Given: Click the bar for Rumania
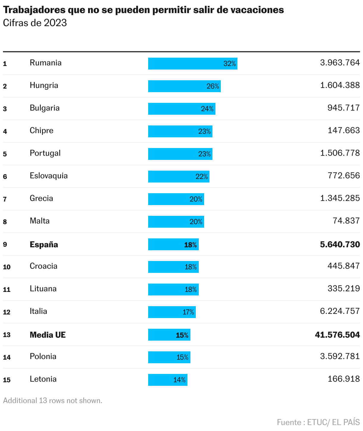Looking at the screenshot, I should coord(193,64).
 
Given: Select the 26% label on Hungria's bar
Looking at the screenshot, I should coord(213,86).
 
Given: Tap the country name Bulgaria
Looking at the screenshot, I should coord(45,108).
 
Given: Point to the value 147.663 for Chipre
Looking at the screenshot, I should coord(344,130).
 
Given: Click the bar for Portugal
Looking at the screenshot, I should coord(180,154).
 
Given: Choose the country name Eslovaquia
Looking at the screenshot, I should coord(49,176).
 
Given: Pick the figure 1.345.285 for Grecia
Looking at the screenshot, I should coord(340,198).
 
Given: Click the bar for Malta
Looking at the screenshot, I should coord(176,222).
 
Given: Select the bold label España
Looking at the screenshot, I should coord(44,245).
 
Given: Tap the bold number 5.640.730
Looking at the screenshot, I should coord(340,245).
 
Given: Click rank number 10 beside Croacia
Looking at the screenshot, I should coord(7,267).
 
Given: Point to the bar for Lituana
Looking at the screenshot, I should coord(173,290).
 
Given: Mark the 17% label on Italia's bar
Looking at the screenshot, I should coord(188,312).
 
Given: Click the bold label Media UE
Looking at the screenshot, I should coord(48,335).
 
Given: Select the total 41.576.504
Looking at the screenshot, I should coord(337,335).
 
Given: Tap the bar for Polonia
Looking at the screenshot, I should coord(169,357).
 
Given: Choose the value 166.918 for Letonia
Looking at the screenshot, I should coord(344,379).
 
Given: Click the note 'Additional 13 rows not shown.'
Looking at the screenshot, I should coord(53,401).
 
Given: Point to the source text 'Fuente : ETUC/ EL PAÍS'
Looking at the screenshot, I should coord(318,422).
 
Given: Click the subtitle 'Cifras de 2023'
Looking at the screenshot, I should coord(35,23).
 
